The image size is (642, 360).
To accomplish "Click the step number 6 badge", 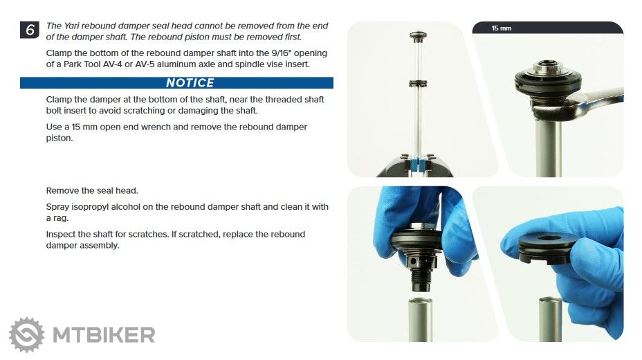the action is click(x=30, y=30).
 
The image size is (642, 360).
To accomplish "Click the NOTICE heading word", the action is click(x=190, y=82).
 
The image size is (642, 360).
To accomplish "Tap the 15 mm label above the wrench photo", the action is click(x=502, y=28).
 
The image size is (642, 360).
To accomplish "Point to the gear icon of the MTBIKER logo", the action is click(x=26, y=334).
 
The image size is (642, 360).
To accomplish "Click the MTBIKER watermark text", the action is click(x=104, y=335).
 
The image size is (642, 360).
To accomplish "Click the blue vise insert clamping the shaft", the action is click(x=418, y=165).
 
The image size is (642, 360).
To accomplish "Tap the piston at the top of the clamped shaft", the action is click(x=418, y=37).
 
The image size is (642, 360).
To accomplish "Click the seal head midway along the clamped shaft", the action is click(x=418, y=84).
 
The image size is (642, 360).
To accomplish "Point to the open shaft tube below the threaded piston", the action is click(x=421, y=319).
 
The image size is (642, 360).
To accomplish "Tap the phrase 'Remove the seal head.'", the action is click(x=92, y=191).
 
